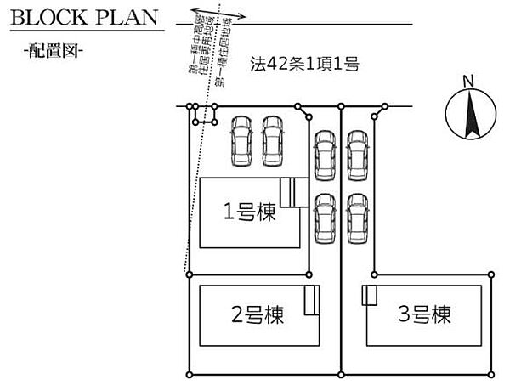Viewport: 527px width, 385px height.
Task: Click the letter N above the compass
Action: click(466, 81)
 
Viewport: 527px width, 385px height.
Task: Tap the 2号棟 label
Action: click(258, 315)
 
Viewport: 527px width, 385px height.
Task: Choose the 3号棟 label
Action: click(423, 315)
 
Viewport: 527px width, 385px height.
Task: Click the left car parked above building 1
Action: click(241, 140)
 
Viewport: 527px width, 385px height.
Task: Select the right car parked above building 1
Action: click(273, 140)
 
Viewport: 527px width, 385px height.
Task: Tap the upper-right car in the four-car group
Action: click(356, 156)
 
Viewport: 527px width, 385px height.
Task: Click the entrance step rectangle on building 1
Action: click(293, 193)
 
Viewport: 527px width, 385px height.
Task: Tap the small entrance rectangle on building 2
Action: click(311, 300)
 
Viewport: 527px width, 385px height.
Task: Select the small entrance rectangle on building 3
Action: click(370, 295)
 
